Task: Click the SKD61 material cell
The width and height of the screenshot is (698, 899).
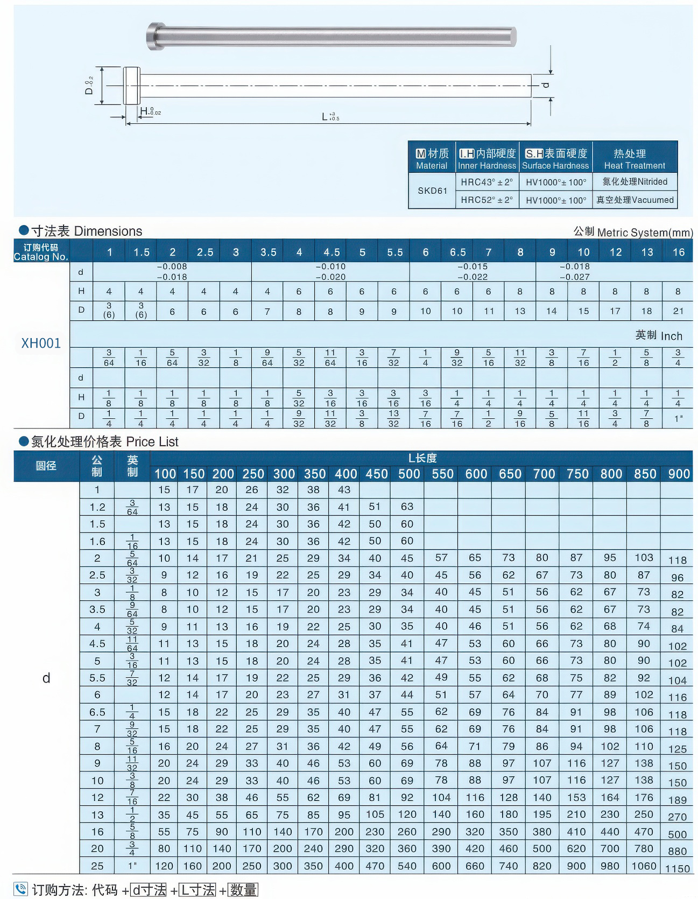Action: pyautogui.click(x=432, y=191)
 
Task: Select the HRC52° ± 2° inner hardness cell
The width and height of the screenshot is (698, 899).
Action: pyautogui.click(x=487, y=200)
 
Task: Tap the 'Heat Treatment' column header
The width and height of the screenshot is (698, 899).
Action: pyautogui.click(x=634, y=159)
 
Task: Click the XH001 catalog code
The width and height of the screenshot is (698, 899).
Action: pyautogui.click(x=41, y=343)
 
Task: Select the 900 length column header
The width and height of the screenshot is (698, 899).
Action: pyautogui.click(x=679, y=474)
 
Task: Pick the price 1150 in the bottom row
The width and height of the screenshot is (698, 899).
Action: pyautogui.click(x=678, y=868)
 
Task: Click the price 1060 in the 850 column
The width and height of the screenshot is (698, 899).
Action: pyautogui.click(x=644, y=866)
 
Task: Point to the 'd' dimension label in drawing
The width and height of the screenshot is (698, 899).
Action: pyautogui.click(x=546, y=85)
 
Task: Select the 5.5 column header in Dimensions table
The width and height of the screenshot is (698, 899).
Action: pyautogui.click(x=394, y=252)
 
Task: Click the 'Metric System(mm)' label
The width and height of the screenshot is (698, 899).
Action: pyautogui.click(x=644, y=233)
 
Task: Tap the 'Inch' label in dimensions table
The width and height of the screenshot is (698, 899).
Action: pyautogui.click(x=671, y=336)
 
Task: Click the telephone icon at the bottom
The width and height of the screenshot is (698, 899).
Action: pyautogui.click(x=20, y=888)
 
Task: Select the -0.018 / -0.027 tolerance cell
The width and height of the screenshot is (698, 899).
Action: pyautogui.click(x=574, y=272)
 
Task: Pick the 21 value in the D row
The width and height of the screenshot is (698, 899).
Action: pyautogui.click(x=678, y=311)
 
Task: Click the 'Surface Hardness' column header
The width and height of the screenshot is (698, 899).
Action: pyautogui.click(x=555, y=159)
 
